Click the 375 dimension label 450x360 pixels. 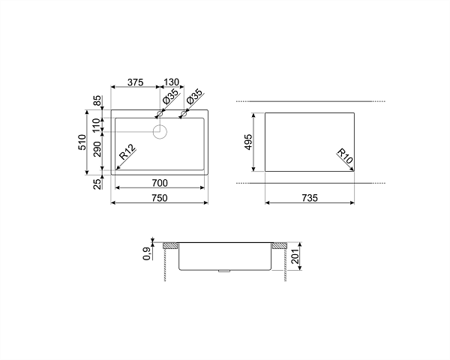coord(135,82)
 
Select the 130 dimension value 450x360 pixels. coord(171,82)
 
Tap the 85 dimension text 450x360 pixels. coord(97,101)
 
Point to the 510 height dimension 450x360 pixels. coord(82,142)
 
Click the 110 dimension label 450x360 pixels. coord(97,124)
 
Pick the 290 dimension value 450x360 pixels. coord(97,149)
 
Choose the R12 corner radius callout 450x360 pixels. coord(127,151)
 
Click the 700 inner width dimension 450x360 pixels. coord(160,183)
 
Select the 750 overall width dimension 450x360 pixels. coord(160,198)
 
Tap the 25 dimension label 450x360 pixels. coord(97,184)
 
